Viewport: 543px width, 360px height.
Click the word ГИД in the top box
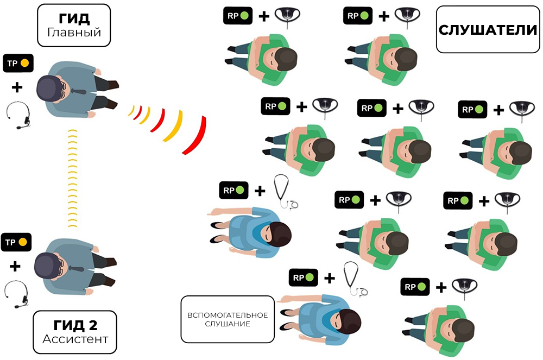click(x=74, y=18)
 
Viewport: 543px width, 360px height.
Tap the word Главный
click(x=74, y=33)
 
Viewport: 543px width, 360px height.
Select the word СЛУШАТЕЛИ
click(x=488, y=30)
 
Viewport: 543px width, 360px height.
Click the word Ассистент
click(x=75, y=339)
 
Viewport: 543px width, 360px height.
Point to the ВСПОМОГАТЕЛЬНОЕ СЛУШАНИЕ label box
click(x=227, y=319)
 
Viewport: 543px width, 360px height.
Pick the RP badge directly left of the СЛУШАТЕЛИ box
click(x=357, y=15)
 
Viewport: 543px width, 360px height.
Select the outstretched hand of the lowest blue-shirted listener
click(x=284, y=299)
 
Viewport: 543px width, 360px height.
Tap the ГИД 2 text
click(x=75, y=325)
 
